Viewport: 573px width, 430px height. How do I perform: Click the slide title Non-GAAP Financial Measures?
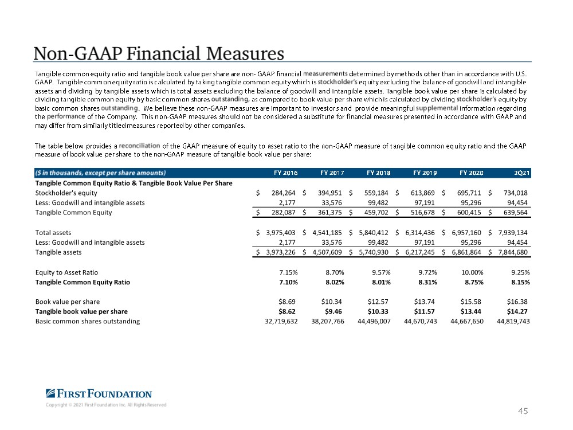pyautogui.click(x=159, y=54)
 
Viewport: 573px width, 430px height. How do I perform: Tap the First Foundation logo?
pyautogui.click(x=99, y=393)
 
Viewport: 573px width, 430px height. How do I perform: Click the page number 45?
pyautogui.click(x=523, y=411)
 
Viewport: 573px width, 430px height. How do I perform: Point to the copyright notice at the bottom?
pyautogui.click(x=106, y=405)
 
